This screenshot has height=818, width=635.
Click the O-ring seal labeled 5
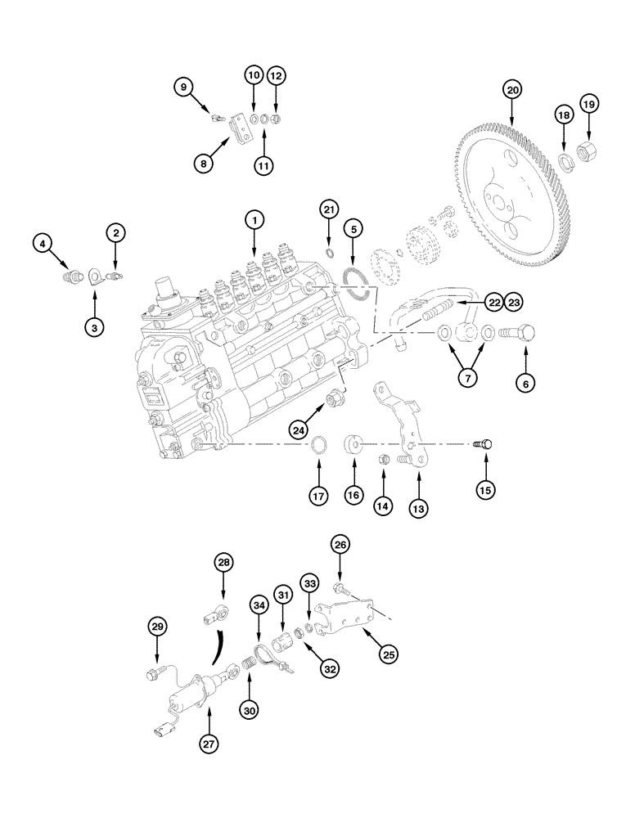click(x=353, y=279)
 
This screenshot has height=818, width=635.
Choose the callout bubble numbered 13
click(x=418, y=509)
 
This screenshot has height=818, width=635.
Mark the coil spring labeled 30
click(x=250, y=675)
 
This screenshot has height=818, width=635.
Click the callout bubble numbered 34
click(x=259, y=605)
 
